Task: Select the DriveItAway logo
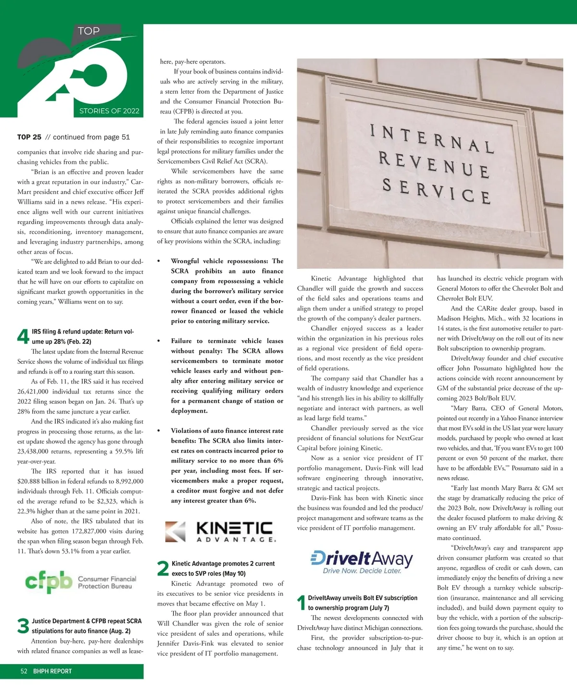pyautogui.click(x=362, y=561)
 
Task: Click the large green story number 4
pyautogui.click(x=23, y=336)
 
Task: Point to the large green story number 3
pyautogui.click(x=23, y=626)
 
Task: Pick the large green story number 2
pyautogui.click(x=163, y=568)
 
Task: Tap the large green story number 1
pyautogui.click(x=301, y=603)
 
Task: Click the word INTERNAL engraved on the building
pyautogui.click(x=431, y=139)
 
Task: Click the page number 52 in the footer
pyautogui.click(x=24, y=671)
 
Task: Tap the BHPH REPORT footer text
pyautogui.click(x=52, y=671)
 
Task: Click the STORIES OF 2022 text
pyautogui.click(x=109, y=111)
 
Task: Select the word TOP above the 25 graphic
pyautogui.click(x=89, y=31)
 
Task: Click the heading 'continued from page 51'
pyautogui.click(x=87, y=137)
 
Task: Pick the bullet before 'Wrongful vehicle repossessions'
pyautogui.click(x=159, y=261)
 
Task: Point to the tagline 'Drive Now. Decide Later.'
pyautogui.click(x=362, y=571)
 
